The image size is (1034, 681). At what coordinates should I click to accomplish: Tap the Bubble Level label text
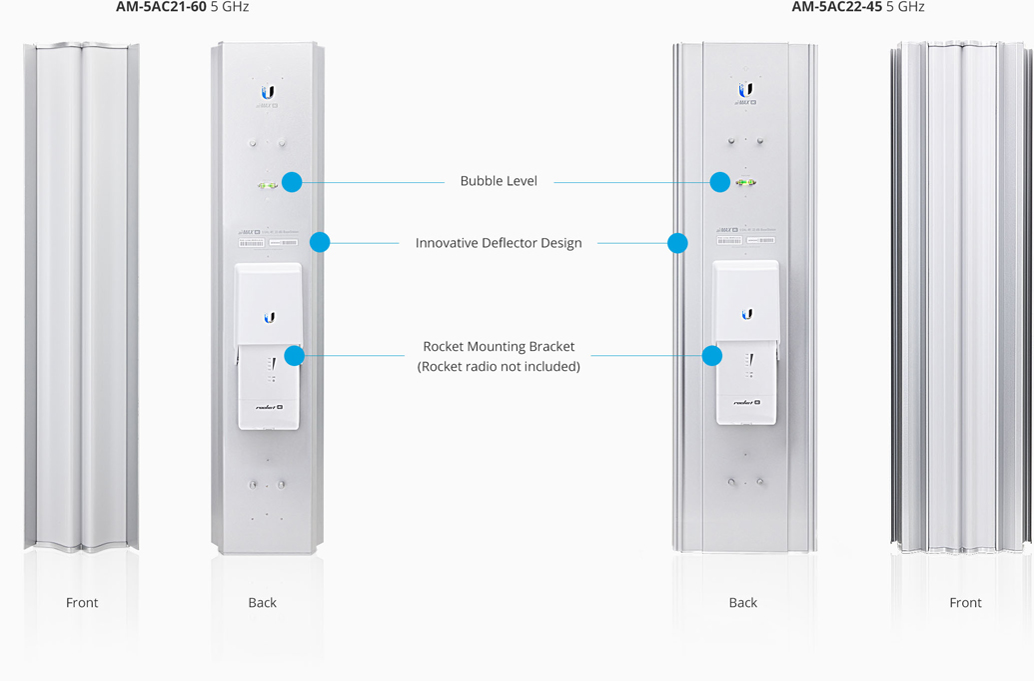coord(499,181)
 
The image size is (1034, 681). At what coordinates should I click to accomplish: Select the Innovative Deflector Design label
coord(499,243)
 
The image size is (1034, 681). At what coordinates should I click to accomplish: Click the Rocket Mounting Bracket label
coord(499,347)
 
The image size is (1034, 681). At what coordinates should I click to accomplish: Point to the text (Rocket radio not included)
coord(499,366)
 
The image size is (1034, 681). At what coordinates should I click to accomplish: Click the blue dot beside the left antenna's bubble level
coord(292,182)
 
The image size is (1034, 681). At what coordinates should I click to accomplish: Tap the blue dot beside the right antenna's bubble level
coord(720,182)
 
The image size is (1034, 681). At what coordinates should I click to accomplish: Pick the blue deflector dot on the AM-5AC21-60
coord(320,242)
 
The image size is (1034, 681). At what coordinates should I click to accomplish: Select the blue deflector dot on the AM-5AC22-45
coord(677,243)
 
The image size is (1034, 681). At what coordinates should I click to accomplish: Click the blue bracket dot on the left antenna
coord(294,356)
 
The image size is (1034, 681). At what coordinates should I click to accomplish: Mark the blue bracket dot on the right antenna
coord(712,356)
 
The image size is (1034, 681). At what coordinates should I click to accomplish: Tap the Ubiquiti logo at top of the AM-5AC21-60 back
coord(268,93)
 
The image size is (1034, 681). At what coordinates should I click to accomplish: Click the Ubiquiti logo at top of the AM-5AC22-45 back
coord(745,91)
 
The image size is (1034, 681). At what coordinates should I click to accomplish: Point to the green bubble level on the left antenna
coord(268,186)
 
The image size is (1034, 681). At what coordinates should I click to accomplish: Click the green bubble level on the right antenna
coord(745,183)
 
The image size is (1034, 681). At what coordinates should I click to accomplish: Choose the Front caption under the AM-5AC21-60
coord(82,603)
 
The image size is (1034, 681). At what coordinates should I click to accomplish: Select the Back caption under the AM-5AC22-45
coord(743,603)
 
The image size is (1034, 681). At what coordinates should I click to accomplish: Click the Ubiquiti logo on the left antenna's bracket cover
coord(269,317)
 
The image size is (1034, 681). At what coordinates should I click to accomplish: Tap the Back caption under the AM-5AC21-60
coord(263,603)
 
